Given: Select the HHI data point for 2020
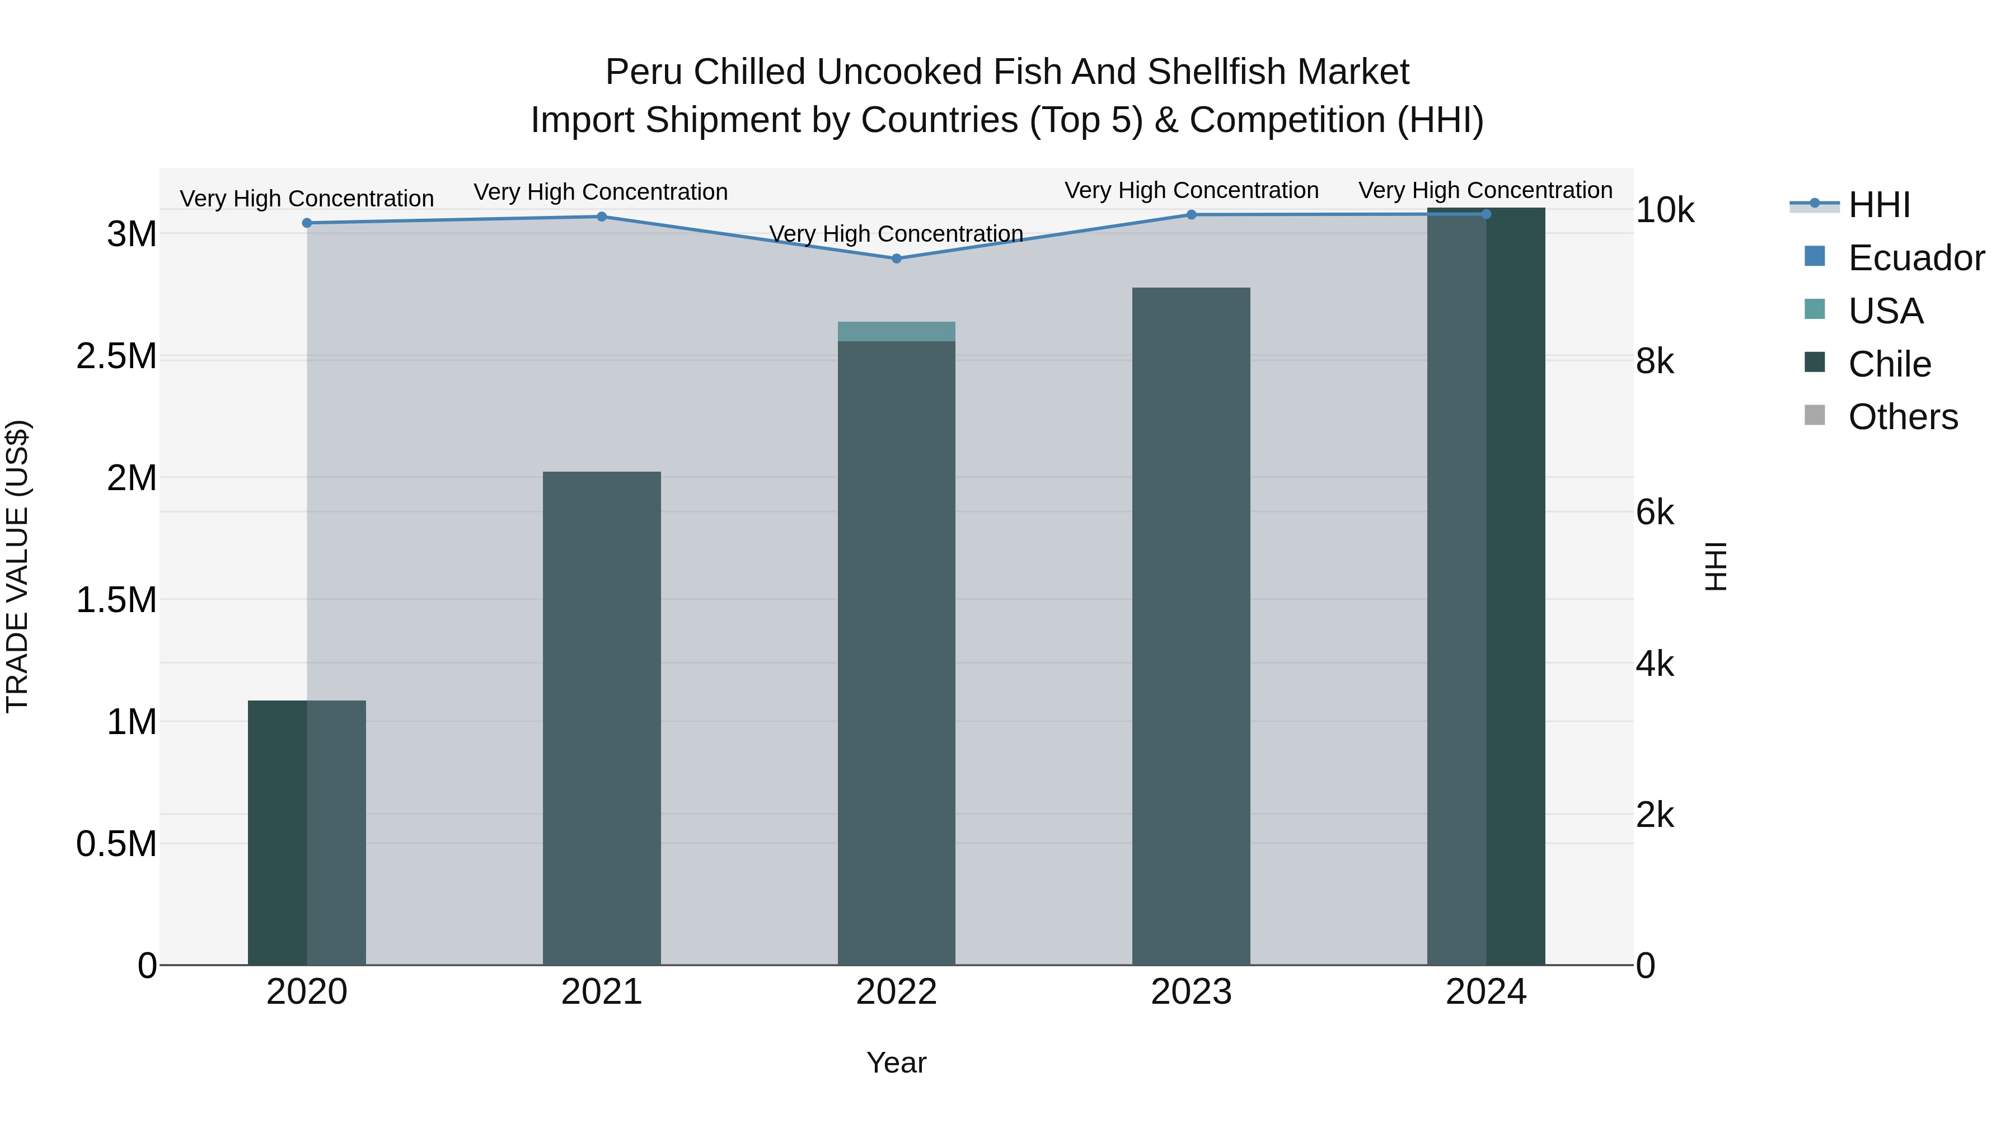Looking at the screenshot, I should click(307, 223).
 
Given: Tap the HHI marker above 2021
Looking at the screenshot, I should click(602, 217).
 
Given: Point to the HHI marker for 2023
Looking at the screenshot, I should click(1191, 215).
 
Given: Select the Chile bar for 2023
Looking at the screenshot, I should click(1191, 626).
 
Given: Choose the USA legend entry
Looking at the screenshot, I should click(1885, 311).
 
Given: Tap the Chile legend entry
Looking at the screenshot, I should click(1889, 364).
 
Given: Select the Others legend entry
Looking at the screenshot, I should click(1902, 417).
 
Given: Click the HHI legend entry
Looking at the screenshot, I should click(1879, 205).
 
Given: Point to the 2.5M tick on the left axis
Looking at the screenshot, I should click(116, 356).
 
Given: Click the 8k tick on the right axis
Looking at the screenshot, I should click(1655, 362).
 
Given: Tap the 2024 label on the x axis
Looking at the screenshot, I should click(1486, 992).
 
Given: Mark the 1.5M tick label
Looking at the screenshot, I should click(116, 600).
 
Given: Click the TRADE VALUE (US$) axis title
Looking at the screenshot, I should click(17, 566).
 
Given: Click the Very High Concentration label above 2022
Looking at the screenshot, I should click(897, 234).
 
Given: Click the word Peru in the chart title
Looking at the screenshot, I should click(645, 73).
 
